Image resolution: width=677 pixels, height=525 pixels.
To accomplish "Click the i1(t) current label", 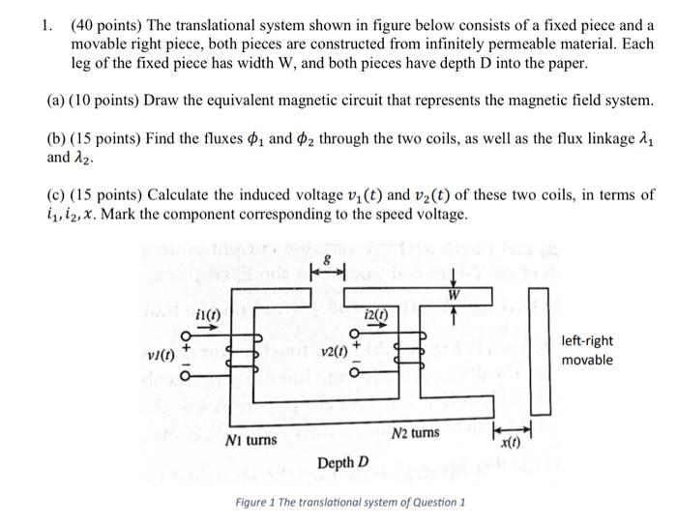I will click(x=207, y=314).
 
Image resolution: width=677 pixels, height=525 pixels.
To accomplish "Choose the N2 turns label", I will click(x=417, y=433).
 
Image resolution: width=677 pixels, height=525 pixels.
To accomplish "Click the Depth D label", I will click(x=342, y=462).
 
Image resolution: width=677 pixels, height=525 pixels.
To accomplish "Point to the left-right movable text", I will click(x=586, y=350).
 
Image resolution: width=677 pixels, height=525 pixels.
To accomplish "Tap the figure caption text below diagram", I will click(x=351, y=503).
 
